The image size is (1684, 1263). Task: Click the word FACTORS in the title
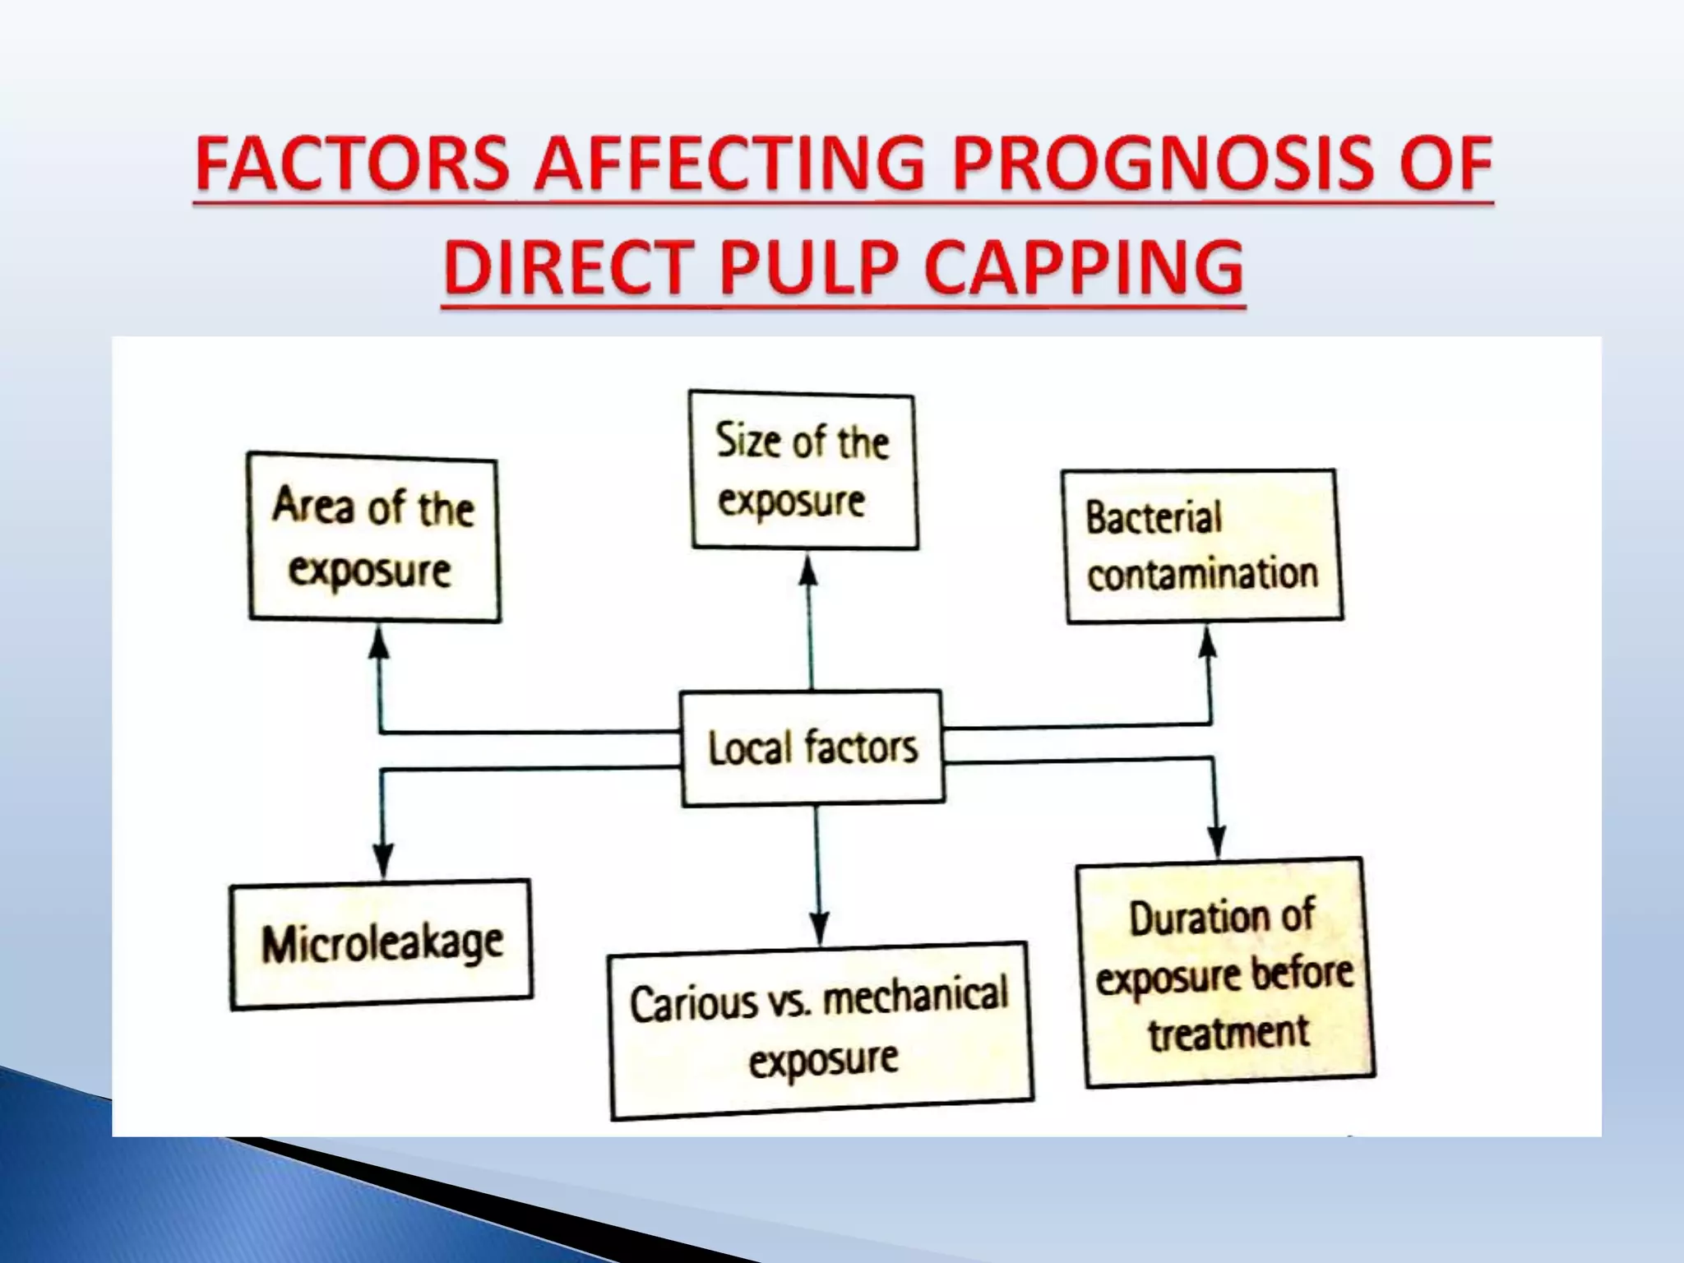pyautogui.click(x=352, y=164)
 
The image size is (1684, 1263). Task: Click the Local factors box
pyautogui.click(x=812, y=747)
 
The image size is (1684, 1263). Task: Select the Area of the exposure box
pyautogui.click(x=374, y=538)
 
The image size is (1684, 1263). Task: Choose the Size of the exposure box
pyautogui.click(x=803, y=470)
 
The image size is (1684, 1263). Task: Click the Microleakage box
pyautogui.click(x=381, y=944)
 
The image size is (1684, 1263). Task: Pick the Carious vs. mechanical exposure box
pyautogui.click(x=820, y=1029)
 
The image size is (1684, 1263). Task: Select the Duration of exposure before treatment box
pyautogui.click(x=1225, y=974)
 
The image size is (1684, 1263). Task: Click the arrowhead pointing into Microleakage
pyautogui.click(x=382, y=862)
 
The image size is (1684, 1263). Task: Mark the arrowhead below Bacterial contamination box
pyautogui.click(x=1207, y=643)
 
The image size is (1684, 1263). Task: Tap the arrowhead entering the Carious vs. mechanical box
pyautogui.click(x=818, y=927)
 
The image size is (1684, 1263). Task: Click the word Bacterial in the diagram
pyautogui.click(x=1154, y=518)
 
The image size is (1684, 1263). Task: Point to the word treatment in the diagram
pyautogui.click(x=1228, y=1034)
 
